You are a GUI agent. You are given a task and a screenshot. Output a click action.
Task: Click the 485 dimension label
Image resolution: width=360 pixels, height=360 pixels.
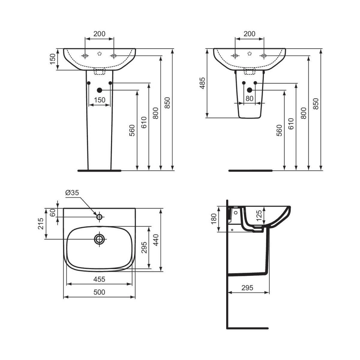[x=202, y=83]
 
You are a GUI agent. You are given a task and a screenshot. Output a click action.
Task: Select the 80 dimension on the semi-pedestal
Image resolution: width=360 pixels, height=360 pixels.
[x=249, y=98]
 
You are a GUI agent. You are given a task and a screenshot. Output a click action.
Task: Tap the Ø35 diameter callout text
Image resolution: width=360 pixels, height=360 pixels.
[x=72, y=193]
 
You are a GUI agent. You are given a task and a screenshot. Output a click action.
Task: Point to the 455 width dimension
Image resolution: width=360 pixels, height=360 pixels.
[x=99, y=279]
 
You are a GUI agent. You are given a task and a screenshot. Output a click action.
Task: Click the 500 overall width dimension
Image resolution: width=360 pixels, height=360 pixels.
[x=99, y=292]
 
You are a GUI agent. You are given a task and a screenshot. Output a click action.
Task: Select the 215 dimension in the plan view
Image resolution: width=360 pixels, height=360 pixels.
[x=41, y=223]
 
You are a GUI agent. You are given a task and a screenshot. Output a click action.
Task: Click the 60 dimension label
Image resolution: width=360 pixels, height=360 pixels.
[x=52, y=212]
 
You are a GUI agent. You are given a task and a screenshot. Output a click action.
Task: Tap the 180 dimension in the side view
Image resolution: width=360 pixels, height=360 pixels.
[x=214, y=219]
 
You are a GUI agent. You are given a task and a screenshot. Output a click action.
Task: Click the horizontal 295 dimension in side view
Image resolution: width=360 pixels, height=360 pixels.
[x=247, y=288]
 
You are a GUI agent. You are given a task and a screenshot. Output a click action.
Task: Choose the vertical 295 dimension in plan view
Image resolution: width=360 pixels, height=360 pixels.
[x=145, y=247]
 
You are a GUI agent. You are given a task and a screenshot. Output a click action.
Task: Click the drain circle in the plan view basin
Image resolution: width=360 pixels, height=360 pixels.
[x=99, y=239]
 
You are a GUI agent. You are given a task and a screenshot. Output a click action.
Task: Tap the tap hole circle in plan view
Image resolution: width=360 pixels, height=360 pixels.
[x=99, y=217]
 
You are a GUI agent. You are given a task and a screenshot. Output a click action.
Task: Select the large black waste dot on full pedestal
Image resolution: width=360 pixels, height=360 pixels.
[x=100, y=90]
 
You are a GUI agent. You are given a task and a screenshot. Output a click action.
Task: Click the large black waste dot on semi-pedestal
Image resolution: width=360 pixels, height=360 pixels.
[x=249, y=90]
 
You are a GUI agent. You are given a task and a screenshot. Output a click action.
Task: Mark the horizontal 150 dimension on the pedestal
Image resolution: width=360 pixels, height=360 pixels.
[x=100, y=100]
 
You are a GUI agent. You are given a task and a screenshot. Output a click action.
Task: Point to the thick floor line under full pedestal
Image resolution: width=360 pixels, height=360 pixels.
[x=99, y=170]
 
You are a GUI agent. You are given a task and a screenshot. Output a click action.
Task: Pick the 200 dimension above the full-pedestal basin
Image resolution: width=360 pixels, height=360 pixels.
[x=99, y=34]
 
